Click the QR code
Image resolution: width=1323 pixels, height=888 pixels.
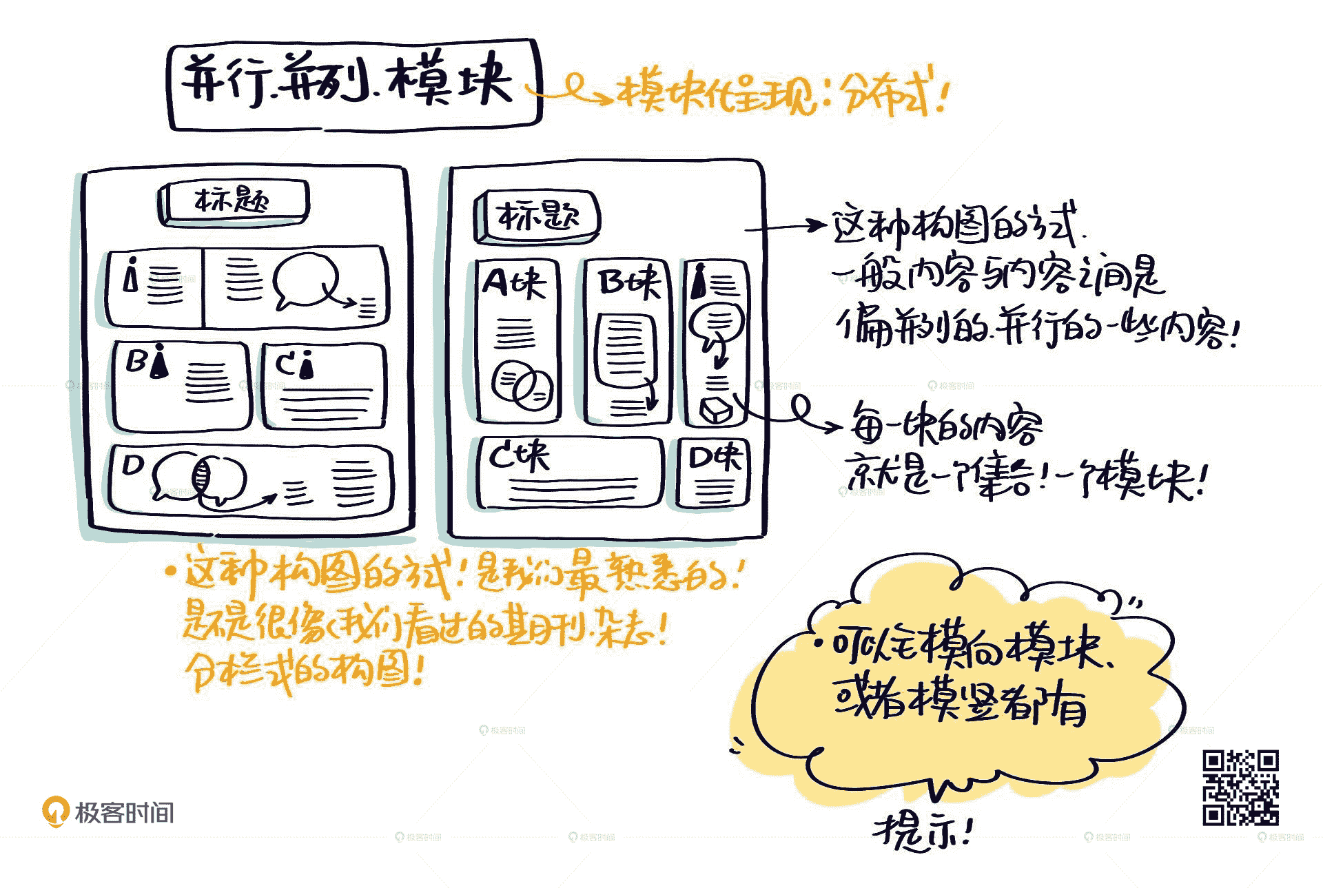[1240, 787]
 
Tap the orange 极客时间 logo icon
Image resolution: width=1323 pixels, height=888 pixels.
[55, 811]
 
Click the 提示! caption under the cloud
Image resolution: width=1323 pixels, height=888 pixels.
[922, 832]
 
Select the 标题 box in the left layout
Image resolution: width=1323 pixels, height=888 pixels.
[233, 202]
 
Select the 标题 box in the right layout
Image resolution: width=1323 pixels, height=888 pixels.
[537, 216]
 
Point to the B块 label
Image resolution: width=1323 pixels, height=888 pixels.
[628, 282]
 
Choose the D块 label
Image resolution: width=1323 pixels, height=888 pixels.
[715, 457]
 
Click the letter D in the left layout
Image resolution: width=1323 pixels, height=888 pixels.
[132, 466]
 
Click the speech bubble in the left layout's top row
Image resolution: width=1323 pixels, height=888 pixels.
[305, 280]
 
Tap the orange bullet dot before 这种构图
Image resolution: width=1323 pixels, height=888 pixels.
[170, 571]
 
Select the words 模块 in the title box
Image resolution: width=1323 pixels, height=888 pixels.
[451, 81]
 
